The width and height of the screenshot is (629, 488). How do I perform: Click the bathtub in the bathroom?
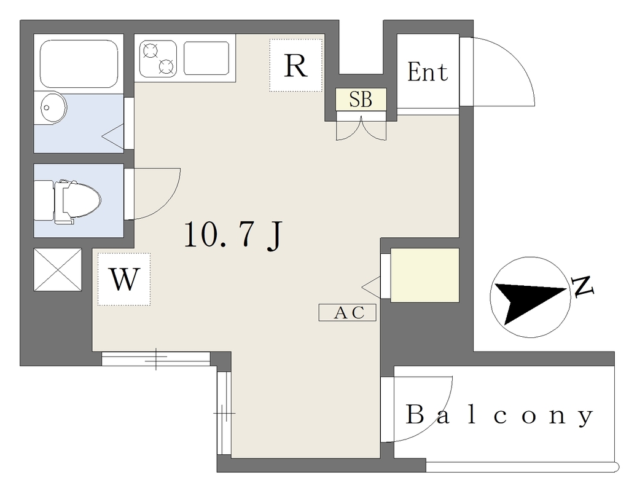tap(79, 64)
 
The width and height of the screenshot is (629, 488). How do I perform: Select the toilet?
tap(68, 200)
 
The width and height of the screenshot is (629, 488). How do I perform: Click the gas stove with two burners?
tap(158, 58)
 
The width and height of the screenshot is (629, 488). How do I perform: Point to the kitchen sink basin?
tap(206, 58)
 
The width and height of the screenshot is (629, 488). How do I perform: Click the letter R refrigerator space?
tap(296, 65)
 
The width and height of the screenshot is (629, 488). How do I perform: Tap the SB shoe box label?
tap(361, 100)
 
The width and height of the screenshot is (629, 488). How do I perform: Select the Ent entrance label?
tap(428, 72)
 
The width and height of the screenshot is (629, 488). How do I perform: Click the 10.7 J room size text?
tap(233, 235)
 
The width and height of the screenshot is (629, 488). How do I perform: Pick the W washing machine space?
tap(124, 279)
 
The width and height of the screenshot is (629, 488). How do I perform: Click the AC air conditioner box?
tap(348, 312)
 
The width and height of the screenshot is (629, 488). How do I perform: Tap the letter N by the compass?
tap(583, 286)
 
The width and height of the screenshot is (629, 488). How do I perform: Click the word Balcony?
tap(499, 415)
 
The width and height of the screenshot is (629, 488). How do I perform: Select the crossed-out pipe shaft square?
tap(58, 270)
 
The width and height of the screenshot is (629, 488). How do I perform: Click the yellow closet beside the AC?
tap(425, 275)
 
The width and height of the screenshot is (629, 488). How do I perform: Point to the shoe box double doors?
tap(361, 128)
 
